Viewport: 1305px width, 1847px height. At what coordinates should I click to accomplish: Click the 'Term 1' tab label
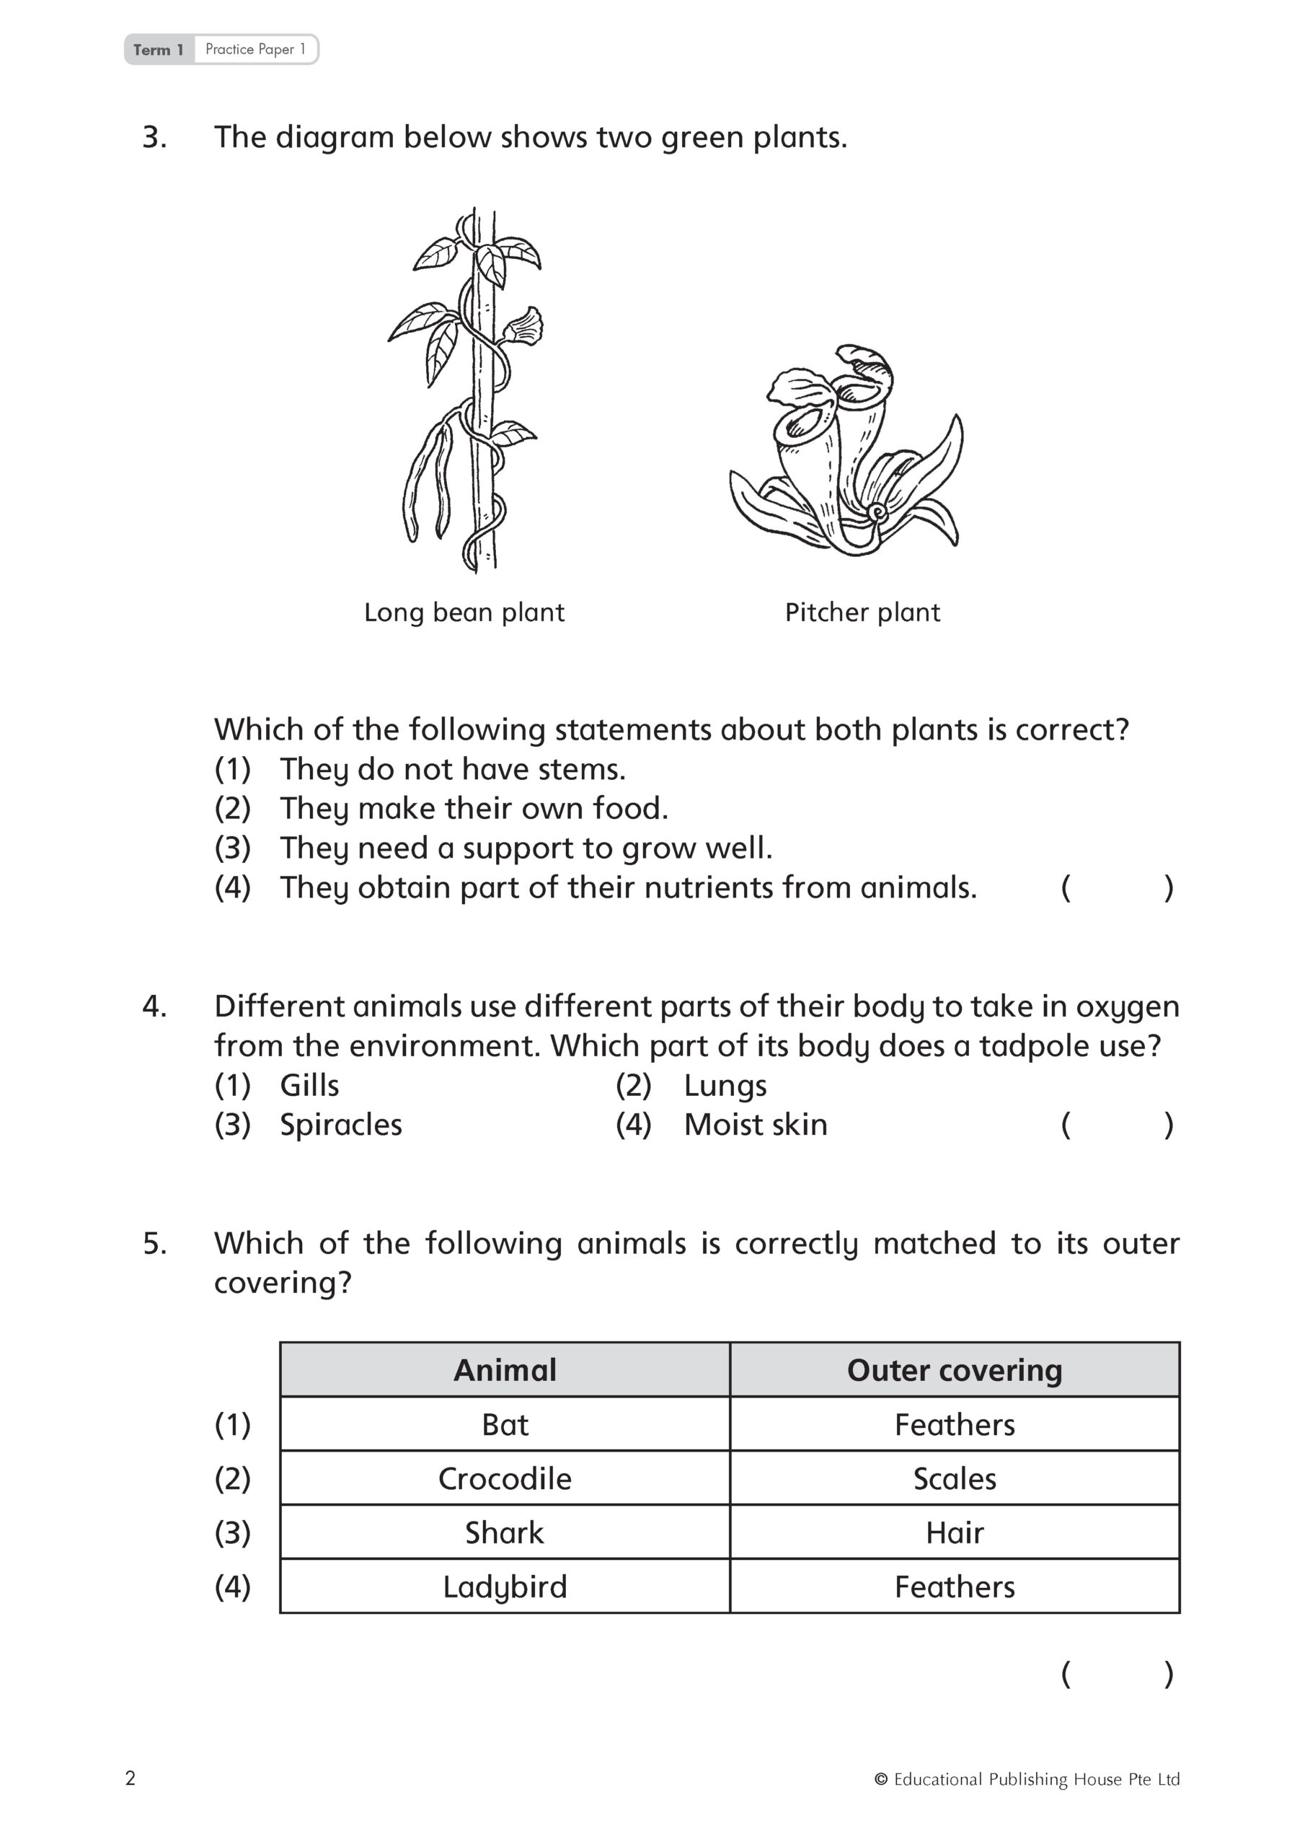(159, 50)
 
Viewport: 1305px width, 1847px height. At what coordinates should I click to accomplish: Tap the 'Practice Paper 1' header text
(255, 49)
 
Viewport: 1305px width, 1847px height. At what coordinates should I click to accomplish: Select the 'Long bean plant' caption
(464, 613)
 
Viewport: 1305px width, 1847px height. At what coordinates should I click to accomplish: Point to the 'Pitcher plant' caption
(862, 613)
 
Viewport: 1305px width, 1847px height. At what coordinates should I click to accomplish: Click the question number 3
(154, 138)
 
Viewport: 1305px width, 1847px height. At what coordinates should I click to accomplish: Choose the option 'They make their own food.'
(474, 809)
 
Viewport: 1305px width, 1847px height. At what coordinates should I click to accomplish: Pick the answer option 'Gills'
(309, 1086)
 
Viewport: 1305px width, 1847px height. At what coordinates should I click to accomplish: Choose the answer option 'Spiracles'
(340, 1126)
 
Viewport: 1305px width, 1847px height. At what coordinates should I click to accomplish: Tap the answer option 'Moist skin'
(755, 1126)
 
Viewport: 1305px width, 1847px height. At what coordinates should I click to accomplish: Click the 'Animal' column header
(504, 1370)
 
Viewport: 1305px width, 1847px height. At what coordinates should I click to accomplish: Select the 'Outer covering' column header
(955, 1370)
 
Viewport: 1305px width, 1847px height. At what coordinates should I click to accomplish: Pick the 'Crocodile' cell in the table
(504, 1478)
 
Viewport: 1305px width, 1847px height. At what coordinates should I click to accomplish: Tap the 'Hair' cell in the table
(955, 1532)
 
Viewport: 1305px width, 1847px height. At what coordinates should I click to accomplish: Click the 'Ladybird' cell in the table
(504, 1587)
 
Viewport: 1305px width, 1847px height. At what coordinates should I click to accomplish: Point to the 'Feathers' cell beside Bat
(955, 1425)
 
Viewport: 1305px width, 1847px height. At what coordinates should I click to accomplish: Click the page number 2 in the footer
(131, 1778)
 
